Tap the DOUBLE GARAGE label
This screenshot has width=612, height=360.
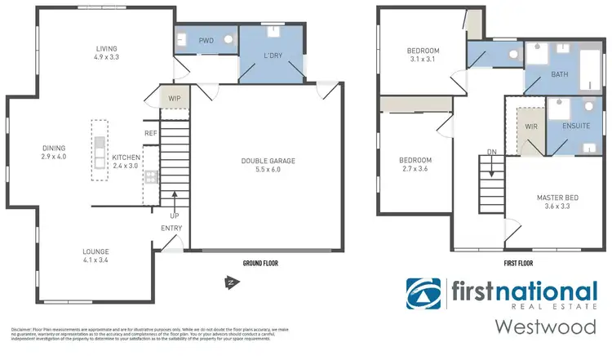268,161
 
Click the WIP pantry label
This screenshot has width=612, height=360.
174,98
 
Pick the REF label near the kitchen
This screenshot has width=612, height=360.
150,133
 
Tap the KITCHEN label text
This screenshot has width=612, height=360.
126,157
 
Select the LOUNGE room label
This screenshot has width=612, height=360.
95,251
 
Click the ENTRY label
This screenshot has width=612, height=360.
171,228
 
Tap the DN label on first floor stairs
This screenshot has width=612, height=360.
491,151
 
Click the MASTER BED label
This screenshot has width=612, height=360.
557,198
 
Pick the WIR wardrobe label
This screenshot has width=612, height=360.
530,127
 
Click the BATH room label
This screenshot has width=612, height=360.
559,73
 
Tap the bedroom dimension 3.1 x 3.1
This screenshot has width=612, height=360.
424,60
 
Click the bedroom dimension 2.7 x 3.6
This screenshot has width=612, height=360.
415,169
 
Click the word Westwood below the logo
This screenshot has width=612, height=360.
545,327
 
